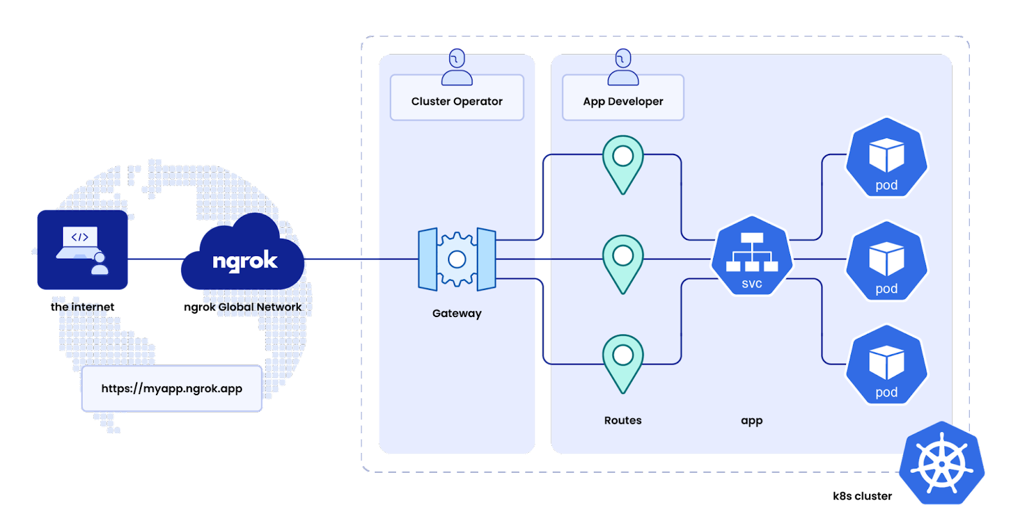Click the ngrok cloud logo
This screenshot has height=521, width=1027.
[244, 257]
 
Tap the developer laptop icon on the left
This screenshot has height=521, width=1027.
[82, 250]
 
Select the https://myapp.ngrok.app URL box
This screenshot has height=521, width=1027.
[172, 388]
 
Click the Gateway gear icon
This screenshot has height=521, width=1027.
[457, 259]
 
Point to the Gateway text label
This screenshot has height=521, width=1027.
[457, 313]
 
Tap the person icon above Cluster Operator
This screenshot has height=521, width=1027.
[457, 67]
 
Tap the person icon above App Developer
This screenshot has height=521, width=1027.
[623, 67]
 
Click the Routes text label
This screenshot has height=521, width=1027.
[623, 420]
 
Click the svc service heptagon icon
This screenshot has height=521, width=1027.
[752, 257]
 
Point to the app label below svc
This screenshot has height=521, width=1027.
[752, 420]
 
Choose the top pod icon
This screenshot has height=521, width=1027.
[886, 158]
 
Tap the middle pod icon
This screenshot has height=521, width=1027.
[886, 260]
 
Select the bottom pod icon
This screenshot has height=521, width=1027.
[886, 364]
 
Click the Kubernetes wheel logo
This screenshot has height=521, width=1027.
[941, 463]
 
